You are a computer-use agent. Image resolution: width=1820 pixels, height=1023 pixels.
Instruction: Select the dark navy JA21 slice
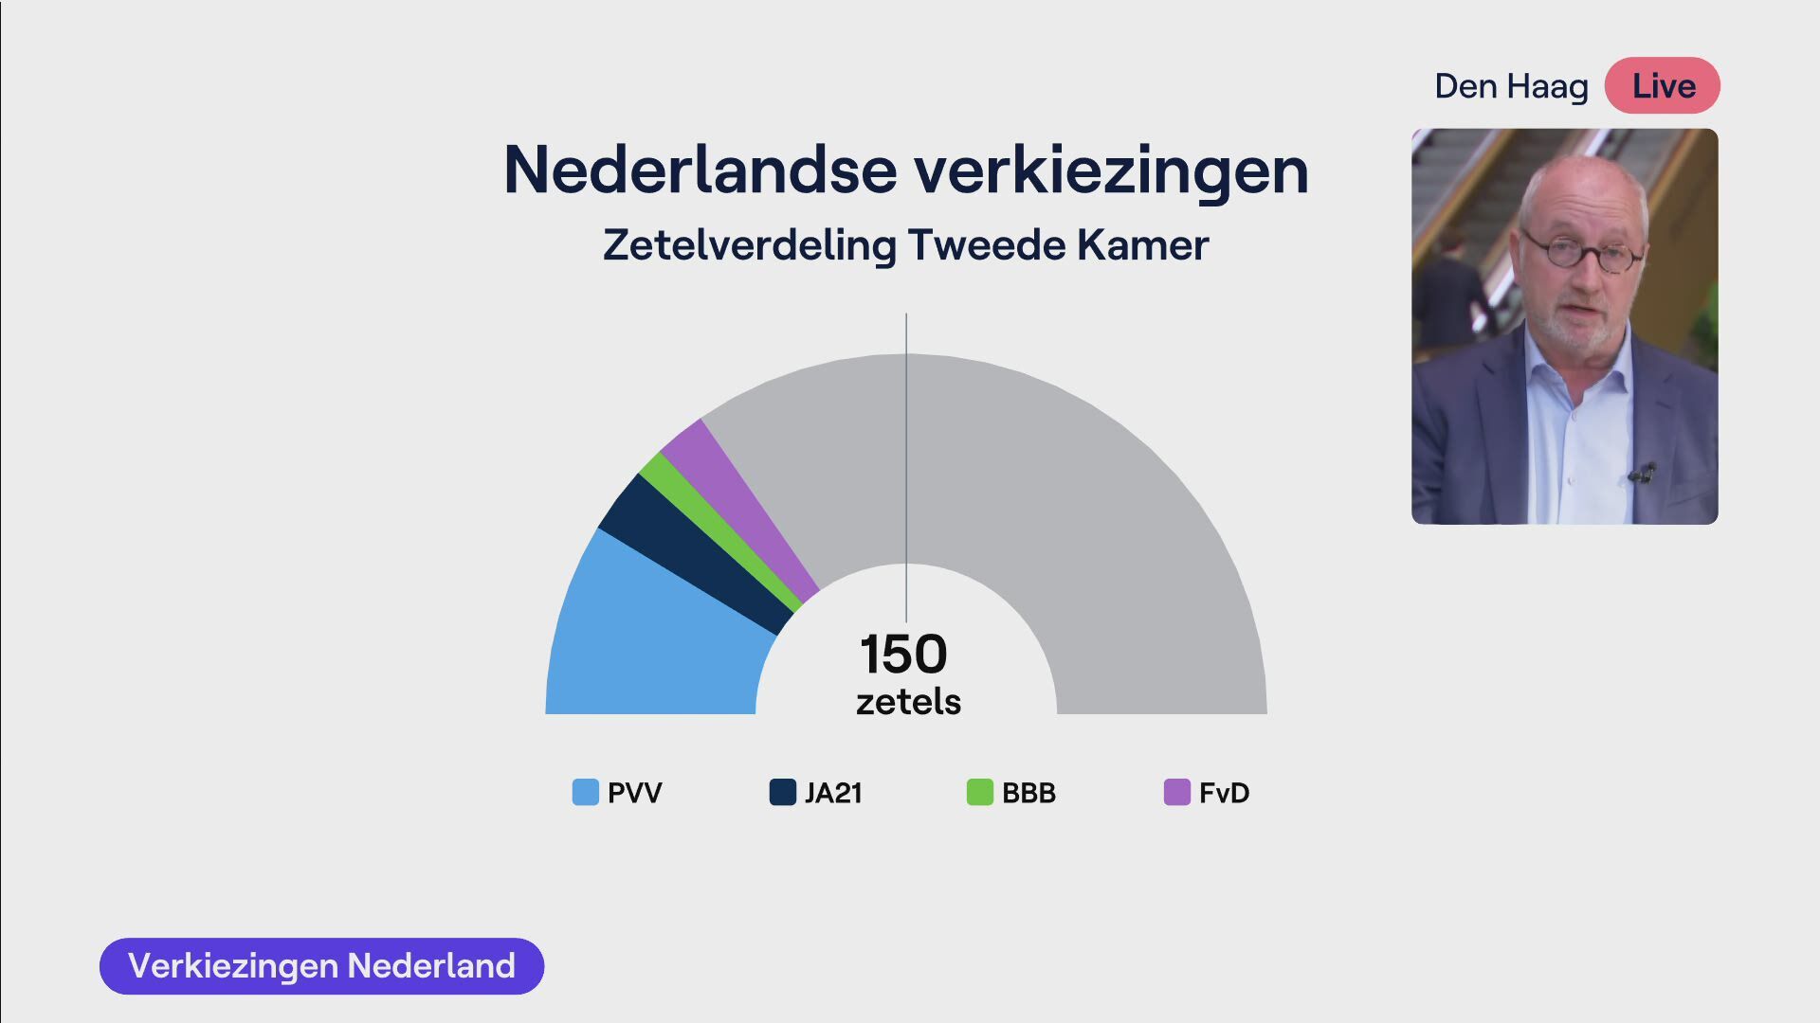(697, 554)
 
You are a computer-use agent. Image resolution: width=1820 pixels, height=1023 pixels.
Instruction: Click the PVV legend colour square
(586, 792)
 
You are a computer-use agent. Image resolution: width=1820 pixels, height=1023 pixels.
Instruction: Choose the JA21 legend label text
(833, 793)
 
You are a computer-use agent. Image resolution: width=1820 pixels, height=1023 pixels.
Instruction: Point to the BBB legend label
(1028, 793)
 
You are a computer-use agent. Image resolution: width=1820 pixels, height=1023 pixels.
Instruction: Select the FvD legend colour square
(1177, 792)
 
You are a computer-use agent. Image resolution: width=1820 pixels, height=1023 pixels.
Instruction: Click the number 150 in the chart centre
(903, 654)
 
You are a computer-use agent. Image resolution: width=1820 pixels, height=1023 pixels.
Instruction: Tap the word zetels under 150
(908, 702)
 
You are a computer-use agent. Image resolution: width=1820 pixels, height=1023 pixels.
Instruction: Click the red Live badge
(1663, 86)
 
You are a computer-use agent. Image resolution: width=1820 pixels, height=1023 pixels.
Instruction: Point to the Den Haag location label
(1511, 86)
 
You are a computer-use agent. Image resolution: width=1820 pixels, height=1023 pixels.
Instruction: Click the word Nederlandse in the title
(700, 170)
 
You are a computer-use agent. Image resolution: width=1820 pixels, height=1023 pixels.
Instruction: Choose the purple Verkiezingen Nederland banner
(321, 966)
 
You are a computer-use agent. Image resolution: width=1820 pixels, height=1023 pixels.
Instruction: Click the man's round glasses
(1581, 252)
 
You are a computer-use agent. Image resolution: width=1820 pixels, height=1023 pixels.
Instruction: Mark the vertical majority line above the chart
(906, 468)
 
